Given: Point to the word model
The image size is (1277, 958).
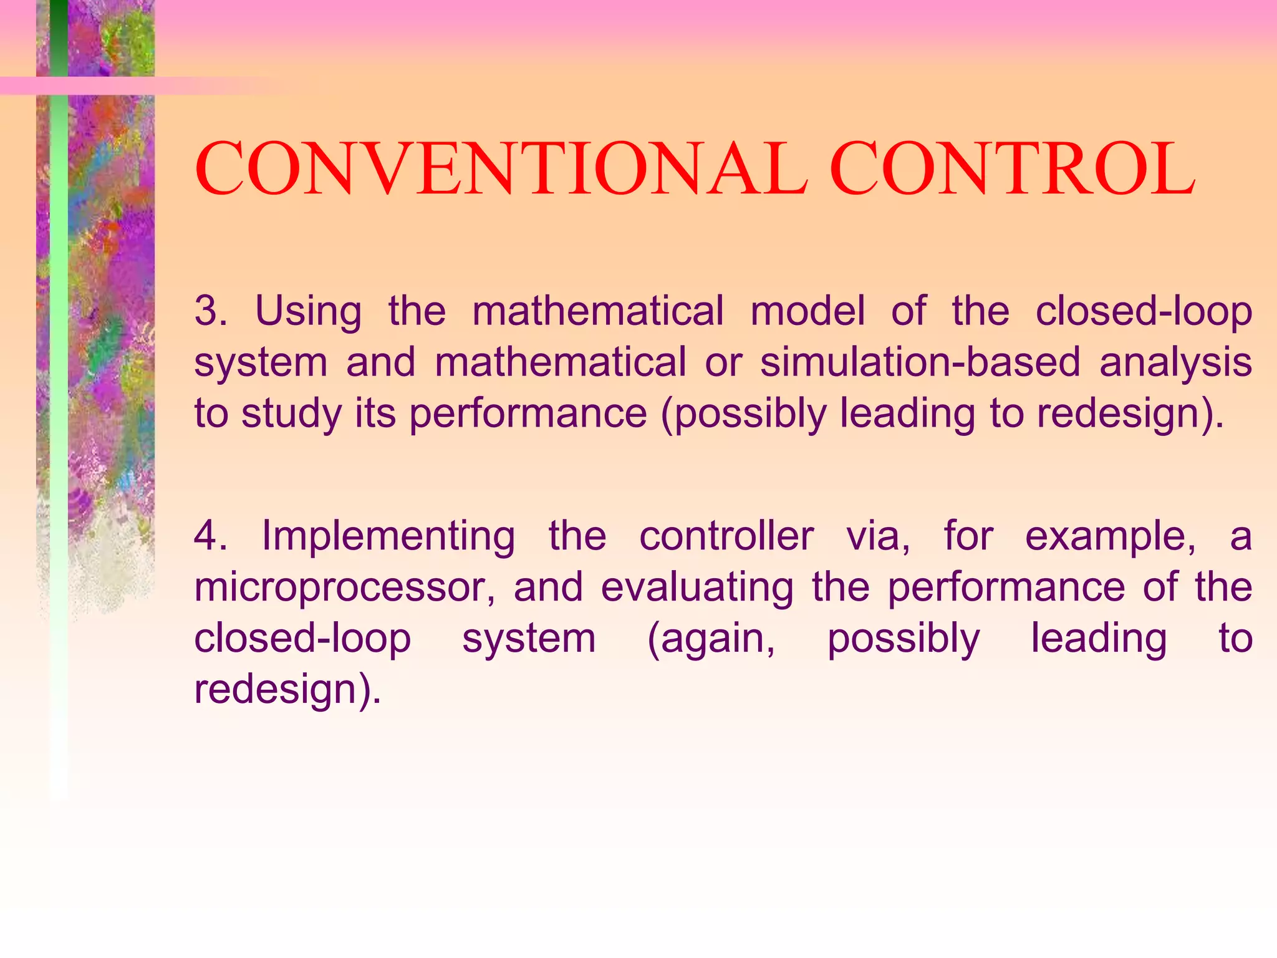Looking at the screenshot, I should pyautogui.click(x=807, y=311).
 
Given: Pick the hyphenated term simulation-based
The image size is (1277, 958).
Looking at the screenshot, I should pyautogui.click(x=920, y=362).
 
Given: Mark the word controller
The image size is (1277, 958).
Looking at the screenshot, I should pyautogui.click(x=726, y=535).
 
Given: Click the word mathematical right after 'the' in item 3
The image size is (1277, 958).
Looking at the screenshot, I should pyautogui.click(x=598, y=311).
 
